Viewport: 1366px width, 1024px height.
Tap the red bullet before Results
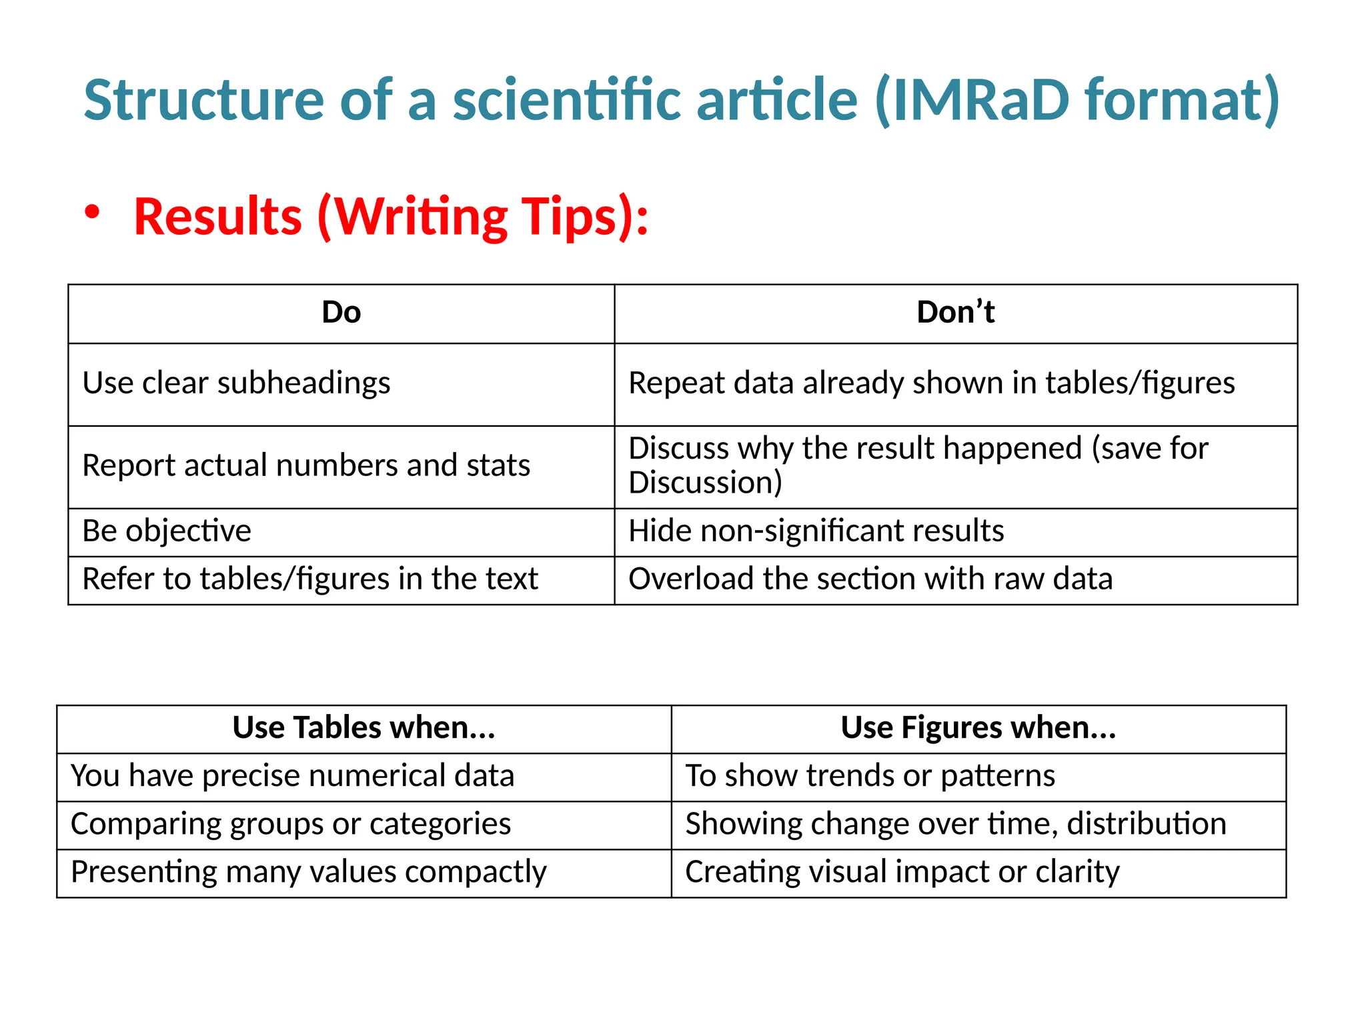pos(92,213)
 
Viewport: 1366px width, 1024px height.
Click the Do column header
pos(341,313)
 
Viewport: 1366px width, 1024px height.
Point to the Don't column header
pos(955,313)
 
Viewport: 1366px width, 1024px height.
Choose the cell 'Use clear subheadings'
pos(236,383)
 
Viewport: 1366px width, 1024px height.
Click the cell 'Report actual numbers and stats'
pos(306,465)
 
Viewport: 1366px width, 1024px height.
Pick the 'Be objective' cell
pos(167,531)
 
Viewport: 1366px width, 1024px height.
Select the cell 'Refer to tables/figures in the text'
pos(309,579)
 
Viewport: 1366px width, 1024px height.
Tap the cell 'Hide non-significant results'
pos(816,531)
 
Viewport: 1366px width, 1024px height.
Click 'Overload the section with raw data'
pos(870,579)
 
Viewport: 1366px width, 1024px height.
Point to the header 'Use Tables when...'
pos(364,728)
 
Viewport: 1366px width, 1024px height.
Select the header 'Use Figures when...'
pos(978,728)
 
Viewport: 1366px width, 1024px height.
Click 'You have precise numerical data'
pos(292,776)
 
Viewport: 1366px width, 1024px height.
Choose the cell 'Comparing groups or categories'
pos(291,824)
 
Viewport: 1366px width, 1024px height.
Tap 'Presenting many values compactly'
pos(308,872)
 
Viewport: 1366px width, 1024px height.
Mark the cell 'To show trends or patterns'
pos(870,776)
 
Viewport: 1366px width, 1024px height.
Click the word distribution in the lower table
pos(1146,824)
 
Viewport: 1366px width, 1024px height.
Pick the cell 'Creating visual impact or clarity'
pos(902,872)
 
